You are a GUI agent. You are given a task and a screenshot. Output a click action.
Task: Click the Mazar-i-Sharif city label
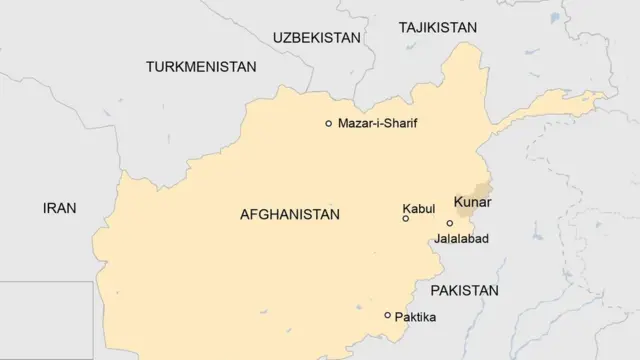(x=377, y=123)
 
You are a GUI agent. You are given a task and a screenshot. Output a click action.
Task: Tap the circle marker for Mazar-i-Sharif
(x=328, y=123)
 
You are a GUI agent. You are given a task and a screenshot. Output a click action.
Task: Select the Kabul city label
(x=418, y=208)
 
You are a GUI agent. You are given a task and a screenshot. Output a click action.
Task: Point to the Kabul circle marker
(x=405, y=218)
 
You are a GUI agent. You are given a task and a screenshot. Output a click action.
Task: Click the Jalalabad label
(x=462, y=240)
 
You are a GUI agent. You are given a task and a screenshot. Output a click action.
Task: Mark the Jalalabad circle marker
(x=450, y=223)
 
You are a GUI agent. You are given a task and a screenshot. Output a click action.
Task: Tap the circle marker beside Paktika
(x=388, y=315)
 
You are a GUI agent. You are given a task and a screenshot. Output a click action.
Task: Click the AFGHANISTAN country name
(x=290, y=214)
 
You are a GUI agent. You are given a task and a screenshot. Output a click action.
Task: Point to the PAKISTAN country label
(x=464, y=290)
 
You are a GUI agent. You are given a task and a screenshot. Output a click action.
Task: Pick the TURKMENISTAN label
(x=200, y=67)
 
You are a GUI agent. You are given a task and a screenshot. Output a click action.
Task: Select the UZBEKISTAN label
(x=316, y=37)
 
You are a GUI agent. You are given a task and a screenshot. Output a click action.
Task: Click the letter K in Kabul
(x=406, y=208)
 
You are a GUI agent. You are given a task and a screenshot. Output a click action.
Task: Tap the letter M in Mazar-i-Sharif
(x=343, y=123)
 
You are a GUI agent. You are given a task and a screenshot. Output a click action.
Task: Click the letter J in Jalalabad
(x=437, y=240)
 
